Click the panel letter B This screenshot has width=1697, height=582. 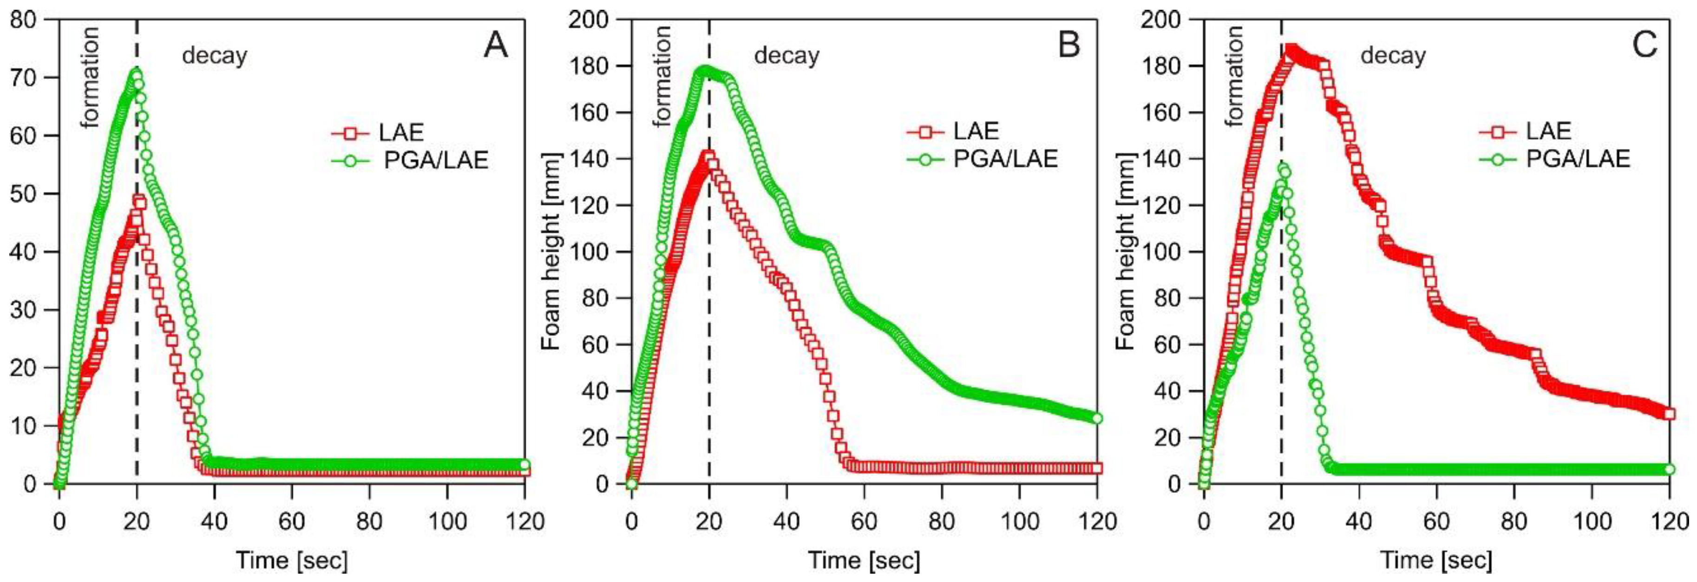1068,45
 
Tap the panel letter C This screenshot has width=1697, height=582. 1645,45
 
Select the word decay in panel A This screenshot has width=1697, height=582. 214,55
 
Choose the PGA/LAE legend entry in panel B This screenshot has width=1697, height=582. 1005,159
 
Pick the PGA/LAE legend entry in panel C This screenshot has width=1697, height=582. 1578,159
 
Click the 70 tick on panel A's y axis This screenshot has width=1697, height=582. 24,78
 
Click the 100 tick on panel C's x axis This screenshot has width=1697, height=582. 1592,521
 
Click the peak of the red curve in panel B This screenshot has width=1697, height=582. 708,157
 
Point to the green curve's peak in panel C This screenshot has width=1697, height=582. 1283,167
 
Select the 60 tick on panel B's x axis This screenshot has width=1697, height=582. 864,521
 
